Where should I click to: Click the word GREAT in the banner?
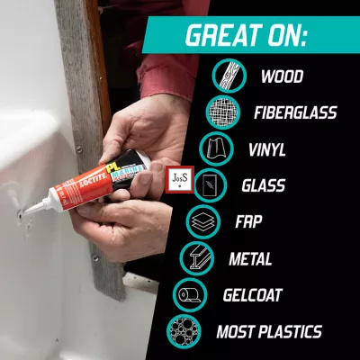coord(223,35)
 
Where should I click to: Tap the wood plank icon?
coord(229,76)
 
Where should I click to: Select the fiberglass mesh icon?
coord(223,112)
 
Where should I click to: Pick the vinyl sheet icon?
coord(216,148)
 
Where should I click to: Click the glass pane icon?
coord(210,185)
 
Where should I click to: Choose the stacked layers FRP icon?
coord(203,221)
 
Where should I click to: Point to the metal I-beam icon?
coord(197,258)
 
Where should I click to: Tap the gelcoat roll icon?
coord(190,295)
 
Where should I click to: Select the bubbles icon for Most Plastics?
coord(184,331)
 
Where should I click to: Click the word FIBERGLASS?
coord(295,112)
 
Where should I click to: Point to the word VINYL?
coord(267,149)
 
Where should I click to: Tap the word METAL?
coord(250,258)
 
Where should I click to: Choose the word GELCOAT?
coord(253,295)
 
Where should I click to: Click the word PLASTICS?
coord(290,332)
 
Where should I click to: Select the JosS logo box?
coord(180,180)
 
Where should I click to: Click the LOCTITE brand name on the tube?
coord(93,179)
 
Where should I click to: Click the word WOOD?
coord(282,76)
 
